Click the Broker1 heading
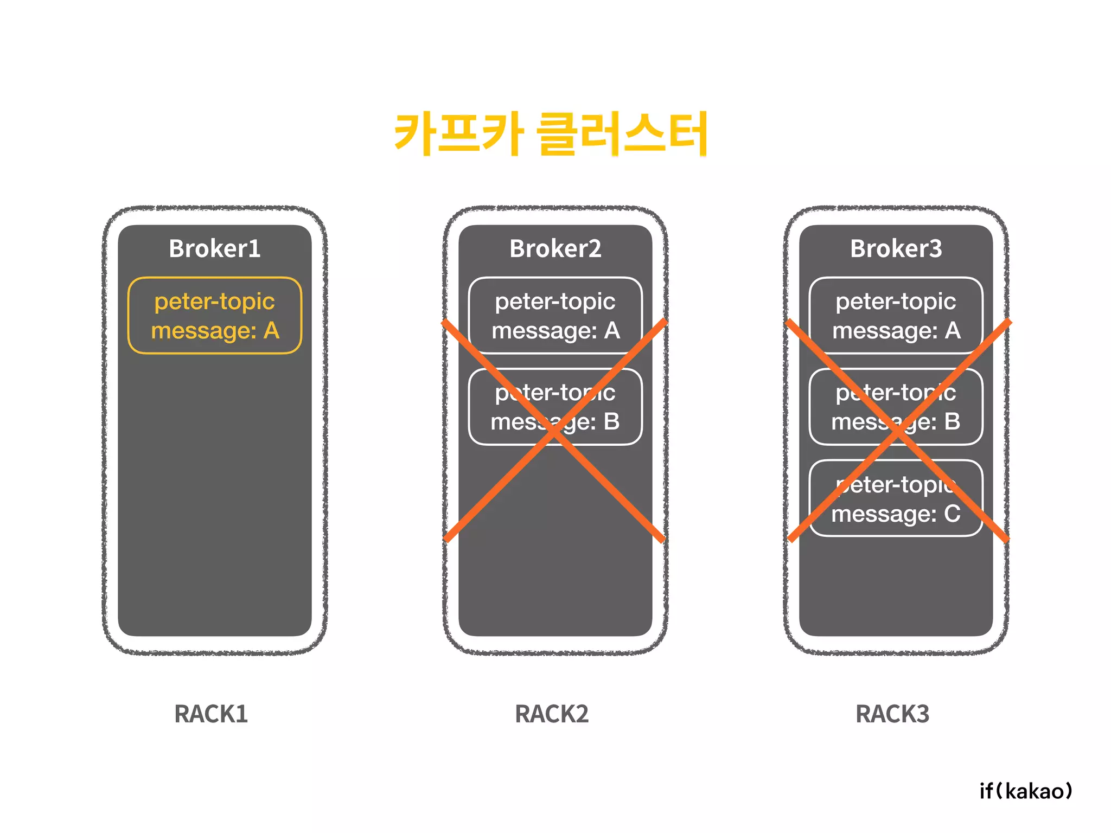click(215, 249)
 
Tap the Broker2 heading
click(555, 249)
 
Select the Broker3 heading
click(896, 249)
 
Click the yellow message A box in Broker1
click(215, 316)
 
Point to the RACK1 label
click(211, 714)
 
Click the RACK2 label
click(552, 714)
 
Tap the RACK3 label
click(892, 714)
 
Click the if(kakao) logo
click(1026, 791)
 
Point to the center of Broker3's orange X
click(898, 431)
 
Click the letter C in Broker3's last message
click(953, 514)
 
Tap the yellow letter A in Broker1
click(271, 330)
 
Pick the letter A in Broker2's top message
click(612, 330)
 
